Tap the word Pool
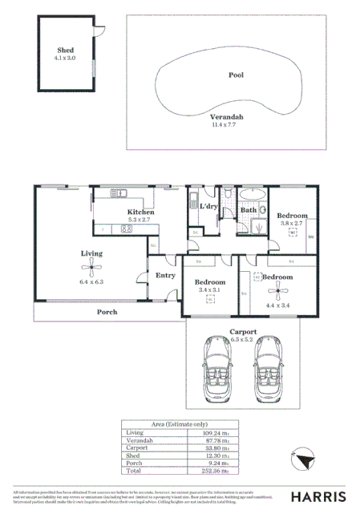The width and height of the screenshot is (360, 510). (235, 75)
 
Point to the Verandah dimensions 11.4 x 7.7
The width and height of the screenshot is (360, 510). (227, 126)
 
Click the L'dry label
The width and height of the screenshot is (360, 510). (209, 206)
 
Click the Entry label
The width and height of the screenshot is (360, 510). (165, 275)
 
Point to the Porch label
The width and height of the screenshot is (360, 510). (107, 311)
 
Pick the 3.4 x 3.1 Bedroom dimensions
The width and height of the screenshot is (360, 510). (210, 290)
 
